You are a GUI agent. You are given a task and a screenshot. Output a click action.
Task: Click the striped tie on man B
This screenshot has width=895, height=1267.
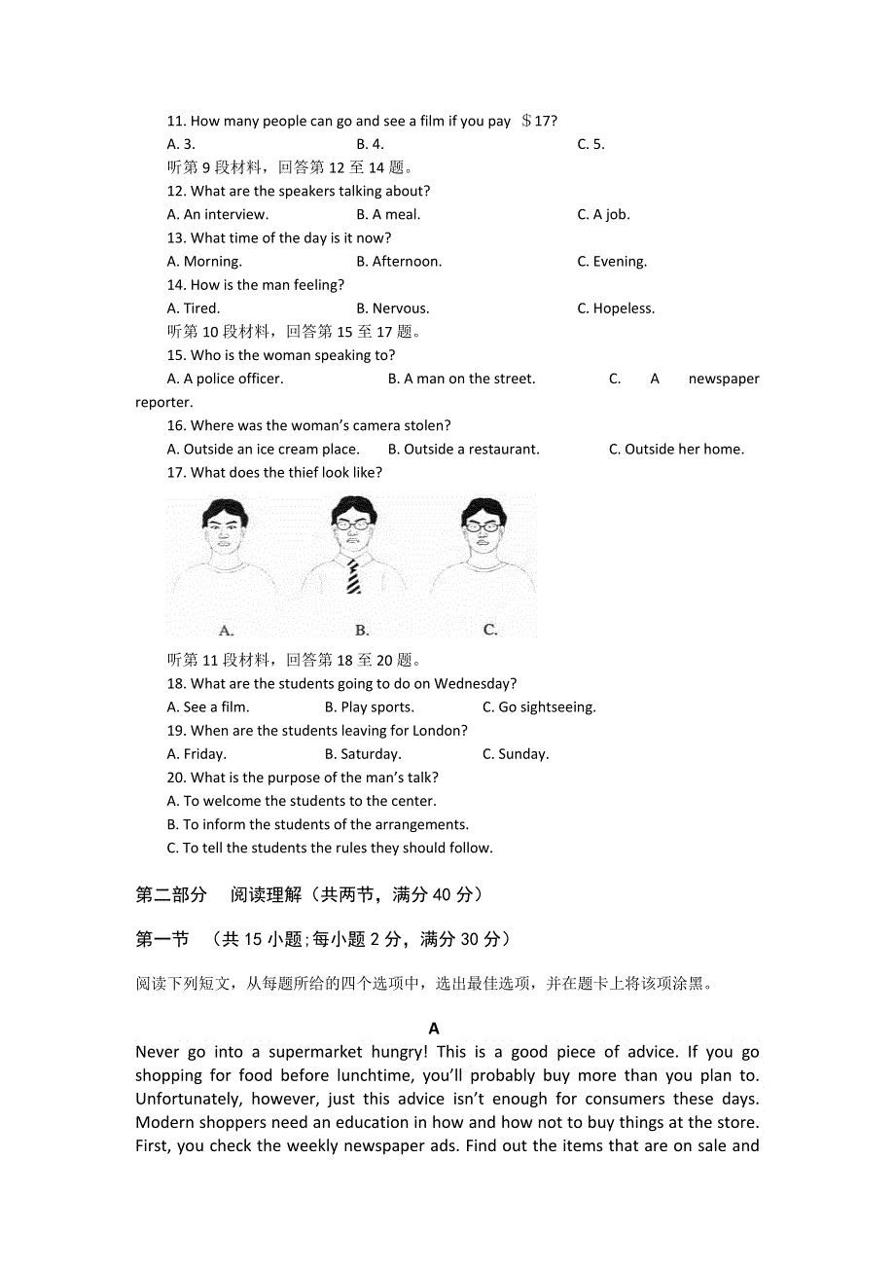pyautogui.click(x=353, y=575)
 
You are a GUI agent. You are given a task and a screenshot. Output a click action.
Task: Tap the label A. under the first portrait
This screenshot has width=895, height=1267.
pyautogui.click(x=226, y=630)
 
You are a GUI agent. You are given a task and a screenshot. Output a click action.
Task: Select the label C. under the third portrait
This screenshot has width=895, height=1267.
pyautogui.click(x=490, y=630)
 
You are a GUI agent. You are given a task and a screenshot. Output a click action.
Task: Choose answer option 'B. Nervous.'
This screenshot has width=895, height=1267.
pyautogui.click(x=393, y=308)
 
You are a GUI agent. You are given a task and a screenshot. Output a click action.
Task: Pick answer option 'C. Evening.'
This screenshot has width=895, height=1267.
pyautogui.click(x=612, y=262)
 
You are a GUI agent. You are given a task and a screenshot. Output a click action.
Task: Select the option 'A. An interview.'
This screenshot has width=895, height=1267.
pyautogui.click(x=218, y=215)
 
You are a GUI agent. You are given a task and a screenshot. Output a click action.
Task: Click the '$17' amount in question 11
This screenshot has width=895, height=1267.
pyautogui.click(x=538, y=122)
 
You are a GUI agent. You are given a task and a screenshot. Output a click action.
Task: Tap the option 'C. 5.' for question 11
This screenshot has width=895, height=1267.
pyautogui.click(x=591, y=145)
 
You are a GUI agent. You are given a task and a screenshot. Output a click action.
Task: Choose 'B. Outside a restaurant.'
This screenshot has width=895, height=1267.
pyautogui.click(x=463, y=450)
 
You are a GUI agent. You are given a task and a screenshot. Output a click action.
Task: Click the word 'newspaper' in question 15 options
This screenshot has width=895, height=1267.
pyautogui.click(x=724, y=380)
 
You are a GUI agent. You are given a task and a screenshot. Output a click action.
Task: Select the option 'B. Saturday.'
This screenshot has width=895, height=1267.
pyautogui.click(x=363, y=754)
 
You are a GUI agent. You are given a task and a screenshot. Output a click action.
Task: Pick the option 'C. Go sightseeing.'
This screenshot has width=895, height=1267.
pyautogui.click(x=539, y=707)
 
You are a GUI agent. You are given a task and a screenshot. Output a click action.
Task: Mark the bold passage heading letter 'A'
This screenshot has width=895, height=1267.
pyautogui.click(x=434, y=1029)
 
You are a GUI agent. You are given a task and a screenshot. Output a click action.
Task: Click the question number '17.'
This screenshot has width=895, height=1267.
pyautogui.click(x=176, y=473)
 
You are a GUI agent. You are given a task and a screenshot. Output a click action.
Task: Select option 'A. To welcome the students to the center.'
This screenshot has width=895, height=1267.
pyautogui.click(x=302, y=801)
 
